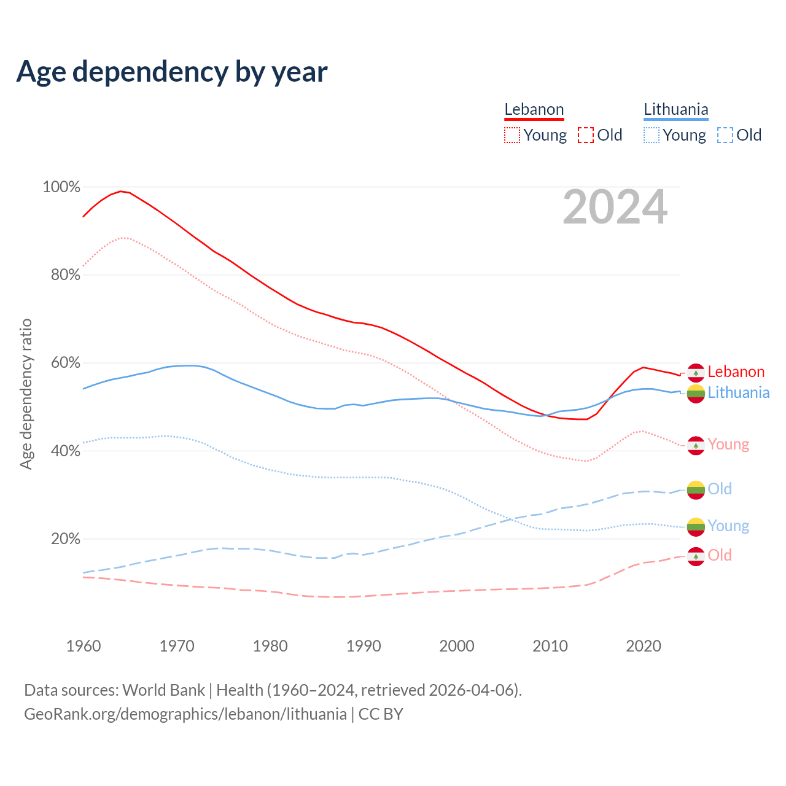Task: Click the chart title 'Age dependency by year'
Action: tap(172, 71)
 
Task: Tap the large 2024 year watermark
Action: tap(615, 208)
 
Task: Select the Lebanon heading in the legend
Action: tap(534, 109)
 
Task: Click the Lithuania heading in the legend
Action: tap(675, 109)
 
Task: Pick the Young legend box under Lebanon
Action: tap(512, 135)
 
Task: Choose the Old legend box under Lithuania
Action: tap(725, 135)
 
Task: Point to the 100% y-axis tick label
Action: tap(61, 187)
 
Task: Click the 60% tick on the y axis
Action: tap(66, 363)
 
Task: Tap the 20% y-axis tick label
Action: tap(66, 539)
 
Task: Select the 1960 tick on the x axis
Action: tap(84, 646)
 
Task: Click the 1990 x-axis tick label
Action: tap(364, 646)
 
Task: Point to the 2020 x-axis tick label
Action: tap(643, 646)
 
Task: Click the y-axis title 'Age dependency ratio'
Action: tap(26, 394)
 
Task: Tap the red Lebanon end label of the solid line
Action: tap(736, 372)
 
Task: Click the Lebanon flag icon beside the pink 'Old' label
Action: tap(696, 556)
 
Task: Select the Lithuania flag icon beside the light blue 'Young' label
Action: tap(696, 527)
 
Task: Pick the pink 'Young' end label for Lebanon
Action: tap(728, 445)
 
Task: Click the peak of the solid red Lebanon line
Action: tap(120, 191)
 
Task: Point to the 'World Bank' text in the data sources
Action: tap(163, 690)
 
